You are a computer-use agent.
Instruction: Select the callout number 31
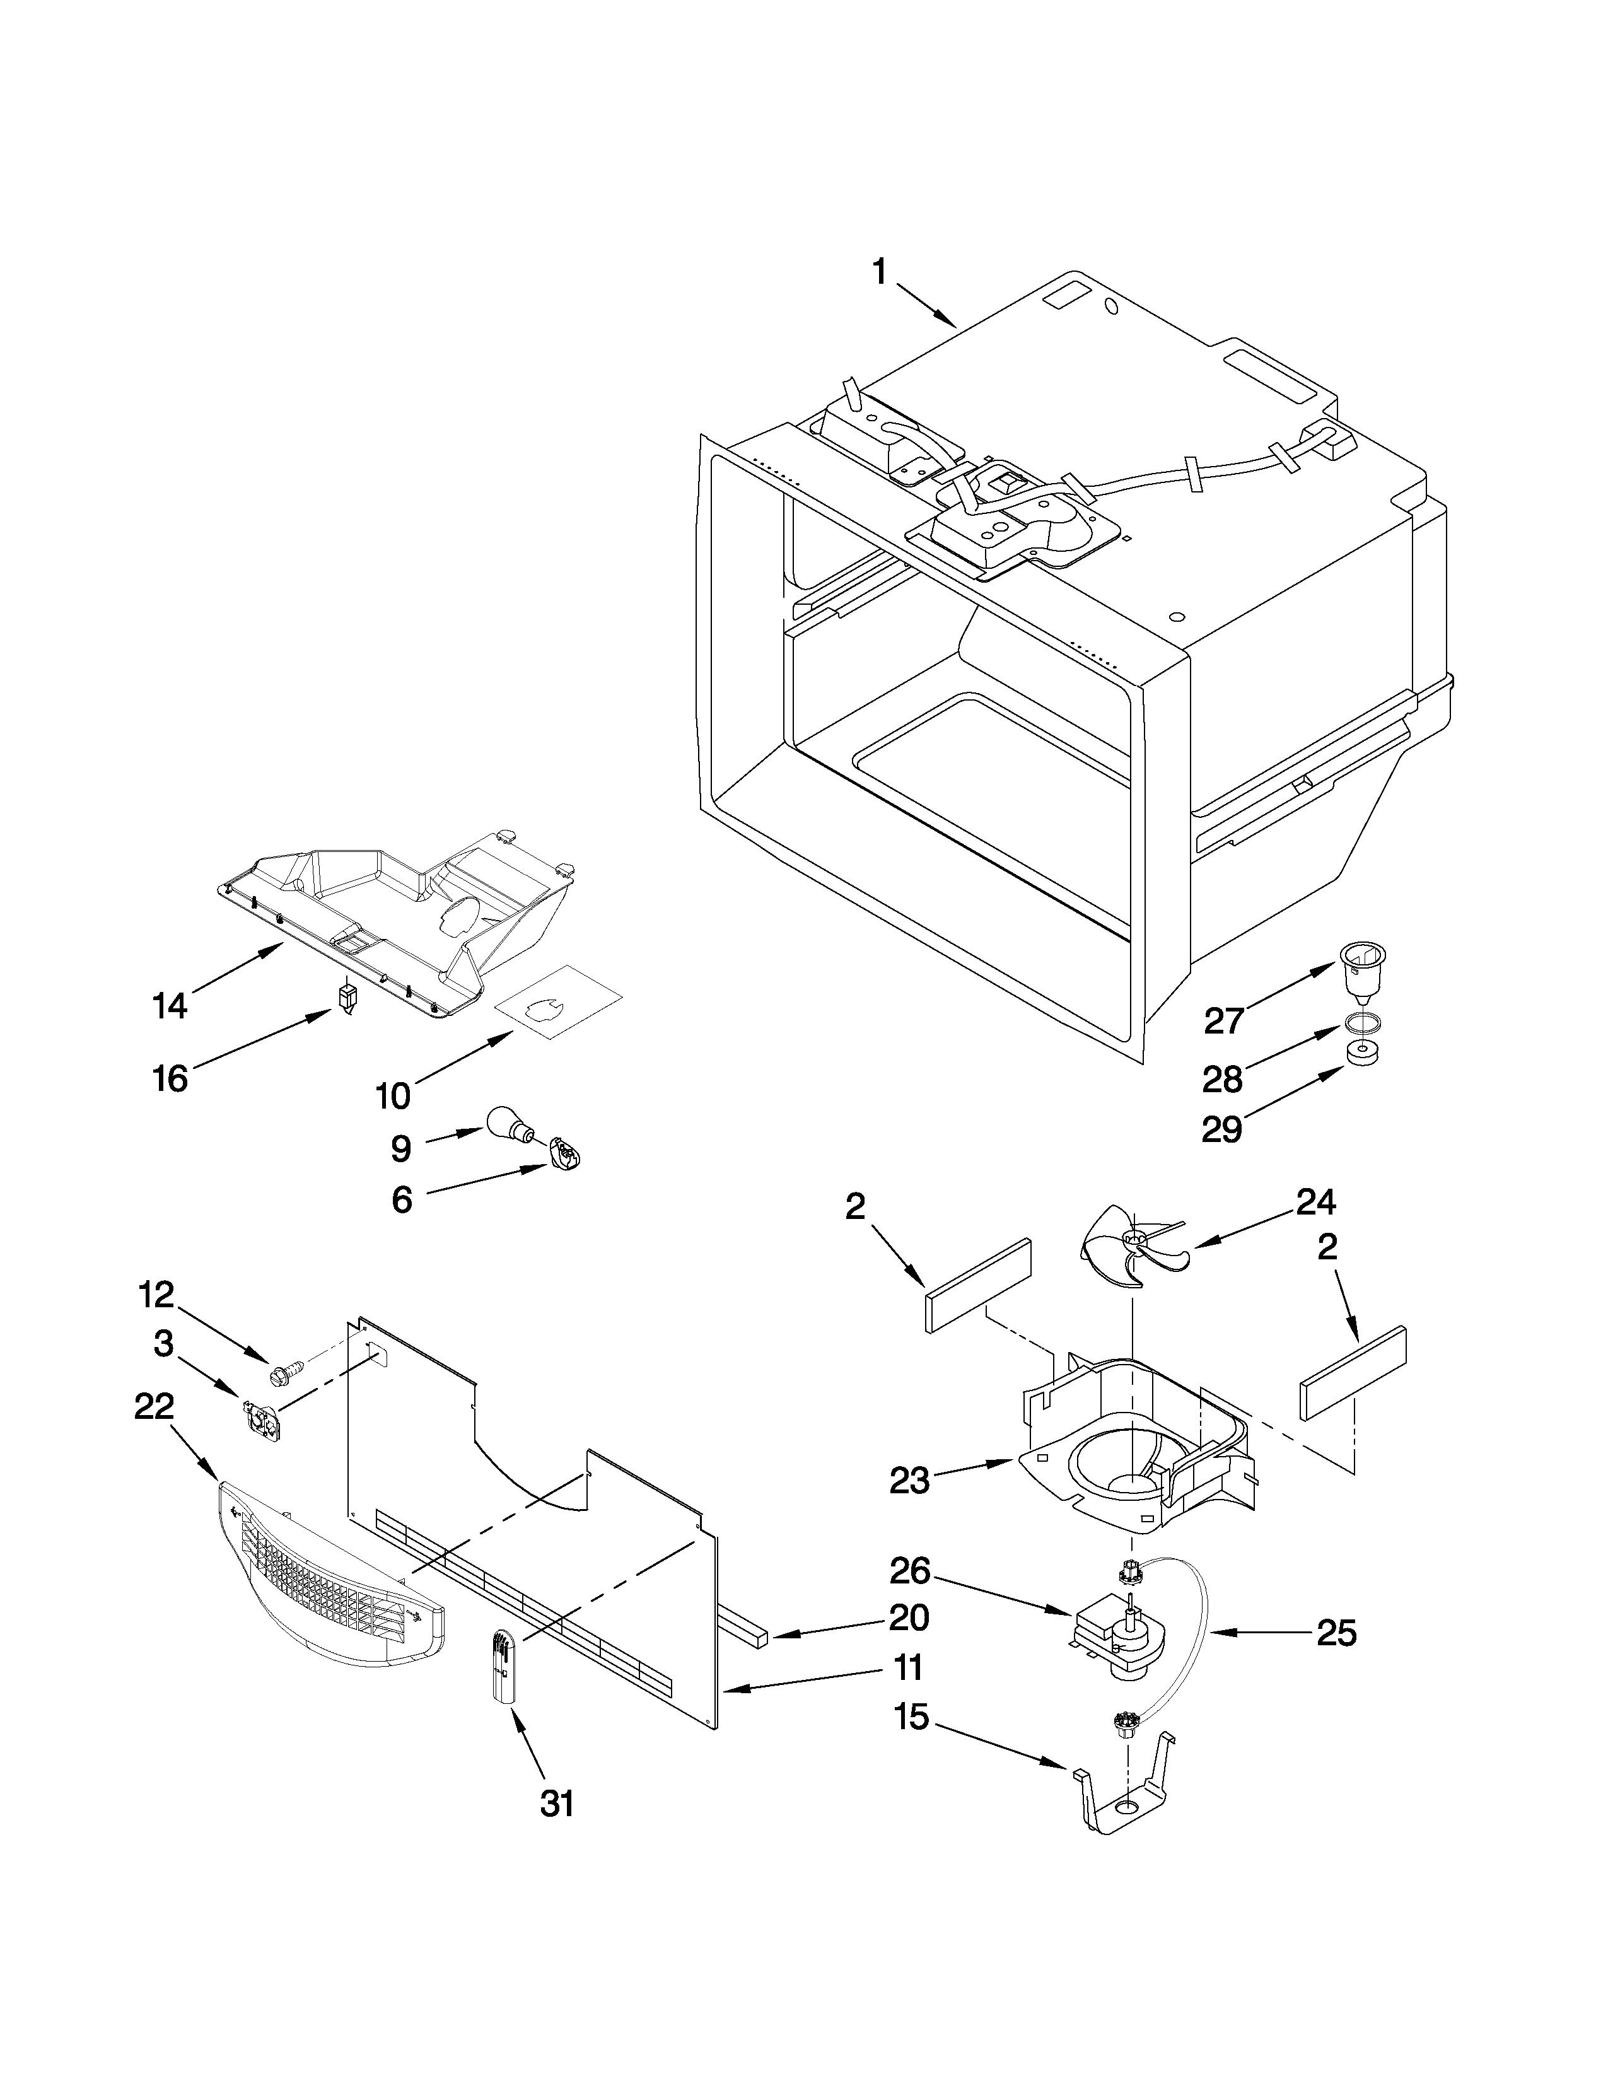point(557,1803)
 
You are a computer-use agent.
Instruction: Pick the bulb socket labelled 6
point(564,1156)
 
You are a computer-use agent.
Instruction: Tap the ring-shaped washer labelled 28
point(1362,1024)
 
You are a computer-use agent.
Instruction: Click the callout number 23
point(910,1480)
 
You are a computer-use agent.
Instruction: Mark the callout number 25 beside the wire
point(1336,1633)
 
